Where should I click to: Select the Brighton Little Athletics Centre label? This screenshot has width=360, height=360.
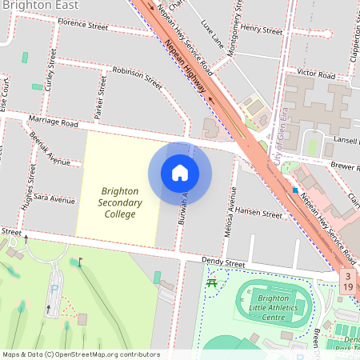pos(273,307)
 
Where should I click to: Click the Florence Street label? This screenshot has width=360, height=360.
pos(82,26)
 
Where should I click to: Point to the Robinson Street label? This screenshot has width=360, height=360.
pos(137,78)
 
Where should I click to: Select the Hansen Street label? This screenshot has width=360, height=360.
pos(259,214)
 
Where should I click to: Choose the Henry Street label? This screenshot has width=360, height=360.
pos(262,30)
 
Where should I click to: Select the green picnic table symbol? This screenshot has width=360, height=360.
pos(212,282)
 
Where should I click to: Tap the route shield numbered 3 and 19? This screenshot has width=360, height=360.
pos(348,281)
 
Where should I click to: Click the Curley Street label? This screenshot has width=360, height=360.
pos(50,71)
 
